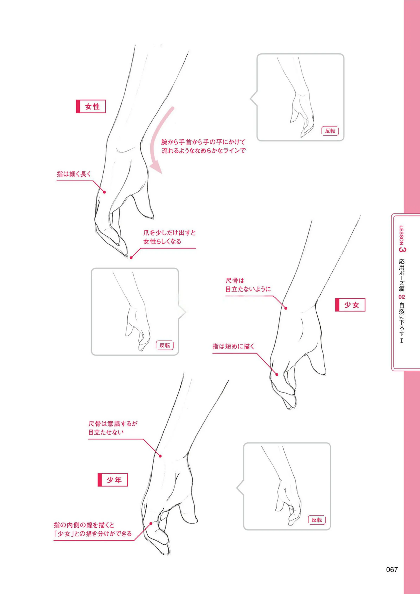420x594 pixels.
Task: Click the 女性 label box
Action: click(x=91, y=106)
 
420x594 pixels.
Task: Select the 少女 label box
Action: click(x=350, y=305)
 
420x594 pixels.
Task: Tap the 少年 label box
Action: click(x=113, y=480)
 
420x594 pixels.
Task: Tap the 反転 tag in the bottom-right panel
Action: click(x=317, y=520)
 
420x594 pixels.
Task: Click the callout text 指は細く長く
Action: click(x=74, y=174)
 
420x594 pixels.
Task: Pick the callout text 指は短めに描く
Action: click(x=234, y=346)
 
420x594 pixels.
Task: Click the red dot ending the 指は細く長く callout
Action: click(x=104, y=192)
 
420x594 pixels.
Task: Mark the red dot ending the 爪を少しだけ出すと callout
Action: click(x=131, y=258)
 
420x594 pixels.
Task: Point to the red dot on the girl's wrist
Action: click(x=286, y=308)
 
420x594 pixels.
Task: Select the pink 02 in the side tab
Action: click(x=402, y=297)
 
